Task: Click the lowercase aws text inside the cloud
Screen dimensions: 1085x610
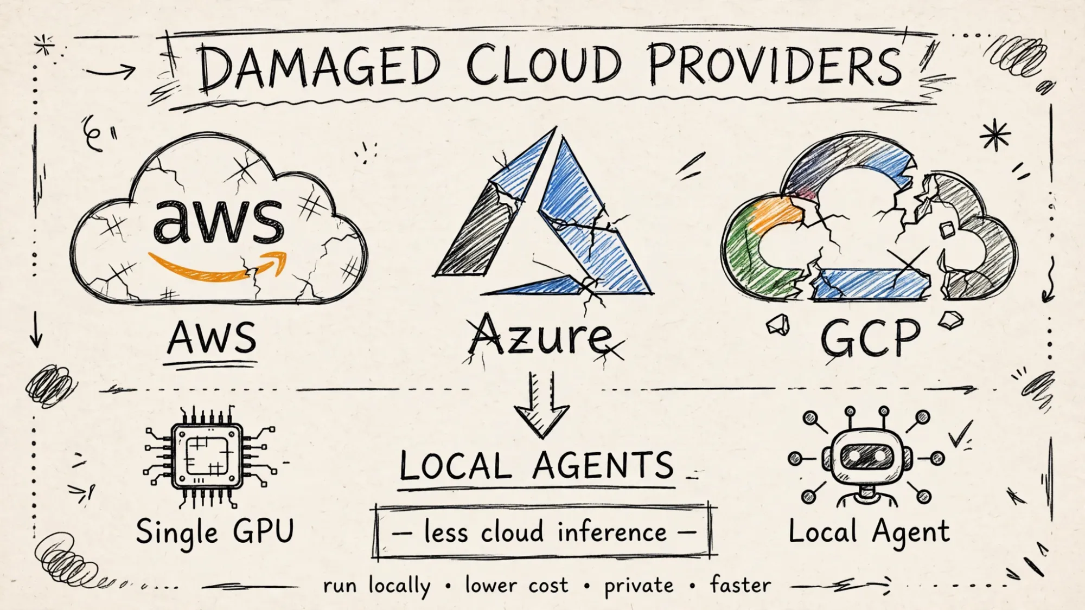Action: coord(218,220)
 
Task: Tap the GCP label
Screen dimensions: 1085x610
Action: coord(870,337)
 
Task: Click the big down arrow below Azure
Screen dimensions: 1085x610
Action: coord(541,404)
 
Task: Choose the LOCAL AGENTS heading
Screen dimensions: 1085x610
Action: coord(536,465)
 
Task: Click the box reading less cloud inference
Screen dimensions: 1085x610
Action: coord(544,532)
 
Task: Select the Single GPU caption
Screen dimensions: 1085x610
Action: coord(215,531)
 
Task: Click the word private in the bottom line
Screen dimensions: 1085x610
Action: coord(639,586)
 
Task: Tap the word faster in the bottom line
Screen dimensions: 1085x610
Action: coord(741,585)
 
